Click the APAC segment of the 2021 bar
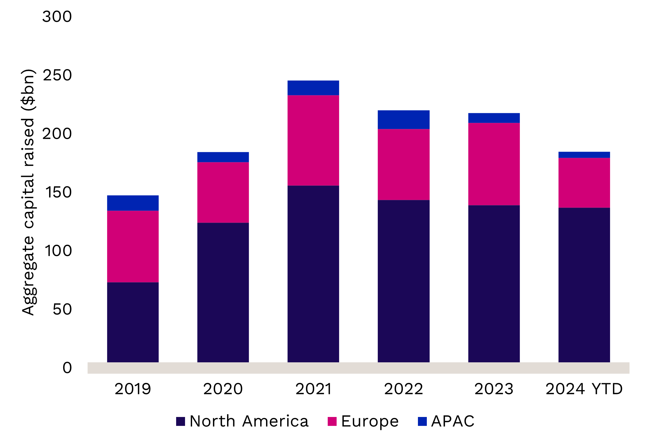[x=313, y=88]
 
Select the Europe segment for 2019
[x=133, y=246]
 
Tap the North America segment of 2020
[x=223, y=292]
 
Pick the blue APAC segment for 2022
[x=403, y=119]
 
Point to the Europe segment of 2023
[x=494, y=164]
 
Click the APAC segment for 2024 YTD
[x=584, y=155]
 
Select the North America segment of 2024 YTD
[x=584, y=285]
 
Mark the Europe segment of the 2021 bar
[x=313, y=140]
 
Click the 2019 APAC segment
[x=133, y=203]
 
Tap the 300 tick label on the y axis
[x=57, y=17]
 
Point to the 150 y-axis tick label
[x=58, y=193]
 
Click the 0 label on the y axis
[x=67, y=368]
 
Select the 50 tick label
[x=62, y=309]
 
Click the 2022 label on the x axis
[x=403, y=389]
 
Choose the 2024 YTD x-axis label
[x=584, y=389]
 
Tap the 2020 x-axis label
[x=223, y=389]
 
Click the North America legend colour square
[x=180, y=421]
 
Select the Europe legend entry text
[x=369, y=421]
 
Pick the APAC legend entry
[x=452, y=421]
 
